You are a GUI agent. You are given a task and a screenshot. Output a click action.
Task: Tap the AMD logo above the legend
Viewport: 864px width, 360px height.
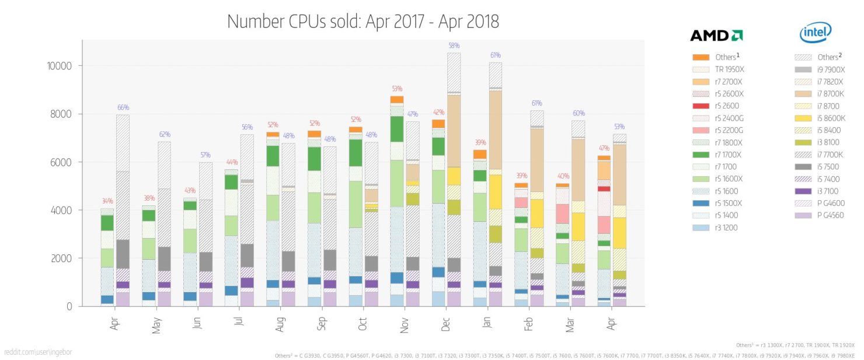tap(716, 36)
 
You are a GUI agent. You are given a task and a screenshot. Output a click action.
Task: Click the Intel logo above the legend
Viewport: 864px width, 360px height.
tap(815, 33)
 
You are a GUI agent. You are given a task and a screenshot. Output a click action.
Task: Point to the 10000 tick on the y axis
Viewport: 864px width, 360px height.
tap(59, 66)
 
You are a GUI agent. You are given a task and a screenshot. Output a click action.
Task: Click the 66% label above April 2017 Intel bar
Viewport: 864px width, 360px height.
tap(123, 107)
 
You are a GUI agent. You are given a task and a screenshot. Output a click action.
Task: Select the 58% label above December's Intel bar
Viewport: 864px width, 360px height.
tap(454, 46)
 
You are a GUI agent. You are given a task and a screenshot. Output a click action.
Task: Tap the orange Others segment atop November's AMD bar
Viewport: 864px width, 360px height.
tap(397, 100)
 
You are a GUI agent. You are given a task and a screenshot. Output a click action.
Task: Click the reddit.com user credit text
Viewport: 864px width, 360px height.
tap(39, 352)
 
